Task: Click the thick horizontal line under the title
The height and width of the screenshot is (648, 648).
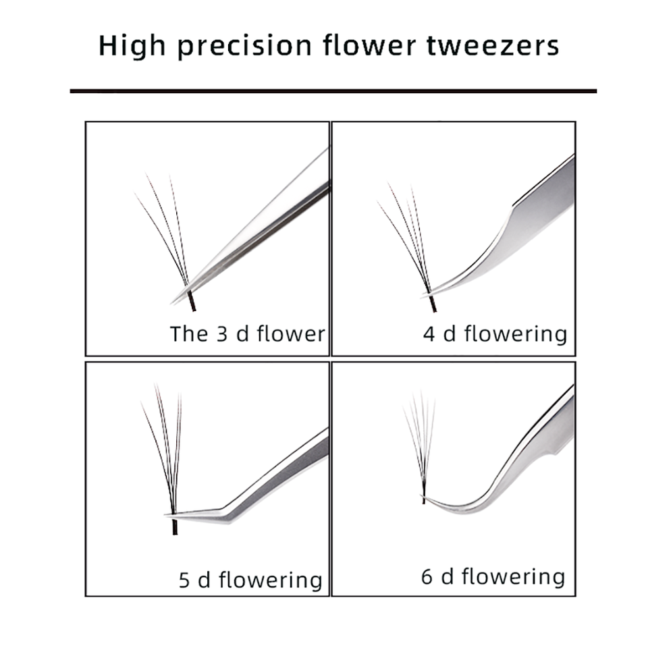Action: tap(333, 90)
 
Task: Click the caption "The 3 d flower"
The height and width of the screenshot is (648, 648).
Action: tap(247, 333)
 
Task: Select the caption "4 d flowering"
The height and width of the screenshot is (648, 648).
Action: tap(495, 333)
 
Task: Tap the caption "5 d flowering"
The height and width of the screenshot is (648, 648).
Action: tap(250, 580)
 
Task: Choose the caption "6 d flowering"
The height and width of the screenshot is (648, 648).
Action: tap(493, 577)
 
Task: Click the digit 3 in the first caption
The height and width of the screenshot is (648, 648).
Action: tap(222, 333)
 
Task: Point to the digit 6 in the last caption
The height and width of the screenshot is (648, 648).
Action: tap(427, 577)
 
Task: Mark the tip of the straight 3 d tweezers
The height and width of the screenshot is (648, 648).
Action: tap(173, 302)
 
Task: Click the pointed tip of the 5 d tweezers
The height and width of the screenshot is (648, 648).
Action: tap(166, 516)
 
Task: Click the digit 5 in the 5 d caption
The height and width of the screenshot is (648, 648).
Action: tap(184, 580)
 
